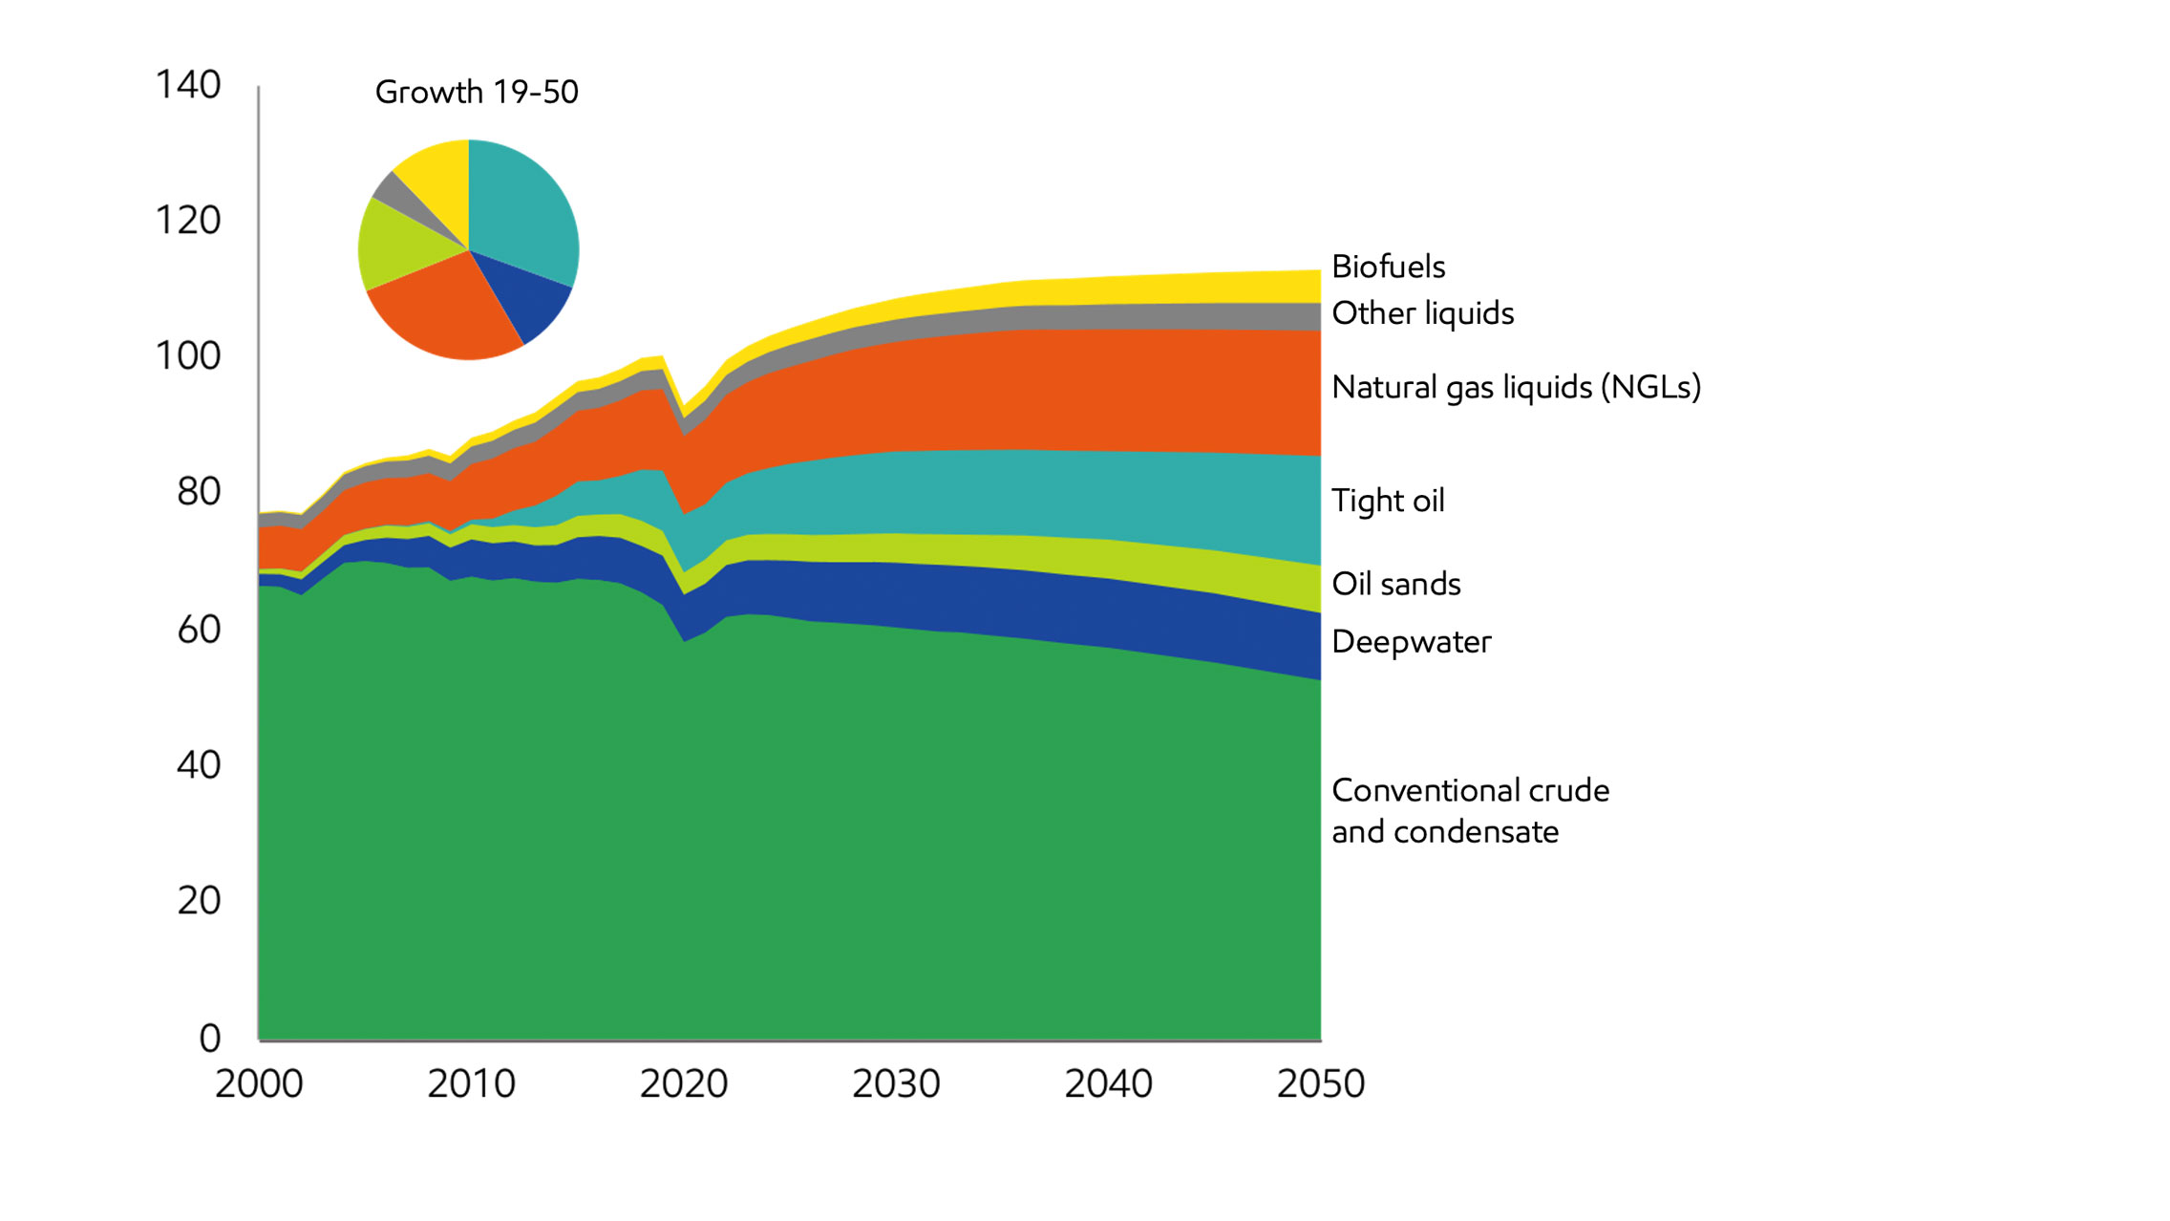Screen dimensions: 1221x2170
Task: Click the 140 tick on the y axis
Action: (x=188, y=85)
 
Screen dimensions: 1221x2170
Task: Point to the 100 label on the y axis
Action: (x=188, y=356)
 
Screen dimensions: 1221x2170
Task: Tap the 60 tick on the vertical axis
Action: (x=199, y=630)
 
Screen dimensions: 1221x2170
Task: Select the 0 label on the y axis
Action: (x=210, y=1038)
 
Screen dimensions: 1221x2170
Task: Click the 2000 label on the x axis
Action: (x=259, y=1084)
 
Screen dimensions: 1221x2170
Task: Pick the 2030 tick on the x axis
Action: (x=896, y=1084)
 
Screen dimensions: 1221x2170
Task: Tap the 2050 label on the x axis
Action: (x=1321, y=1084)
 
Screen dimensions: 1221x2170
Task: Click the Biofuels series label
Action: (x=1388, y=267)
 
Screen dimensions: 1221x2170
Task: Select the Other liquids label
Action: (x=1422, y=313)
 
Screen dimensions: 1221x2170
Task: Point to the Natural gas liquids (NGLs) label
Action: (x=1516, y=387)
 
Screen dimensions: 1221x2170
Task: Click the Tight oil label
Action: (x=1388, y=501)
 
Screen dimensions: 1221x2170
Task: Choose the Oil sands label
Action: (x=1395, y=584)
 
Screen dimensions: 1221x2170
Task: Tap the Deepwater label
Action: (x=1411, y=642)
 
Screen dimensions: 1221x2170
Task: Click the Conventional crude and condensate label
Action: (x=1469, y=810)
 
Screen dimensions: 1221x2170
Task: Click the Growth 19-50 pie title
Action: (x=477, y=92)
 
